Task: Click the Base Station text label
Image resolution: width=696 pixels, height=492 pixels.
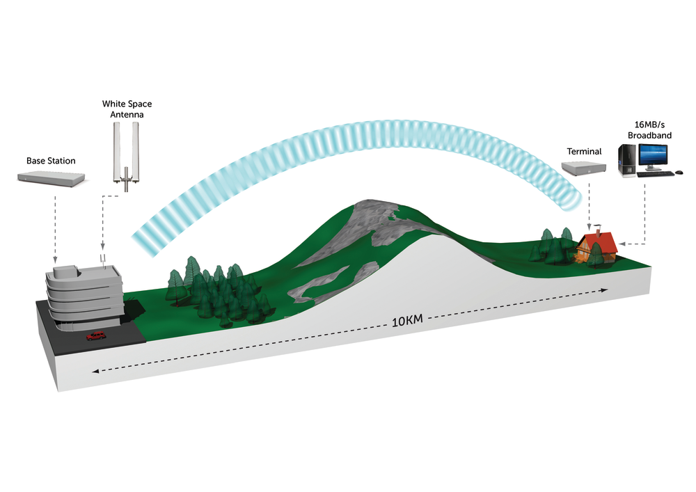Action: click(x=51, y=161)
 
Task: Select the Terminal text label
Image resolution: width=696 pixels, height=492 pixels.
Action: click(x=583, y=151)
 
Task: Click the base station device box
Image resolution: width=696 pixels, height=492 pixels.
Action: click(x=54, y=179)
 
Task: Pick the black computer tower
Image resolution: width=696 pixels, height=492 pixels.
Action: click(x=627, y=159)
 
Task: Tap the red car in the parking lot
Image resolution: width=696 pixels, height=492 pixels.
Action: click(x=96, y=336)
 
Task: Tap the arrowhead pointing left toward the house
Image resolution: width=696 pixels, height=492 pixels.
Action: click(x=622, y=244)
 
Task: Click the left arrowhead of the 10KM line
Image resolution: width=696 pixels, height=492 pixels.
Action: click(x=95, y=371)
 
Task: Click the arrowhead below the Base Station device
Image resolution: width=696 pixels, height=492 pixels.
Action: click(x=55, y=260)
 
